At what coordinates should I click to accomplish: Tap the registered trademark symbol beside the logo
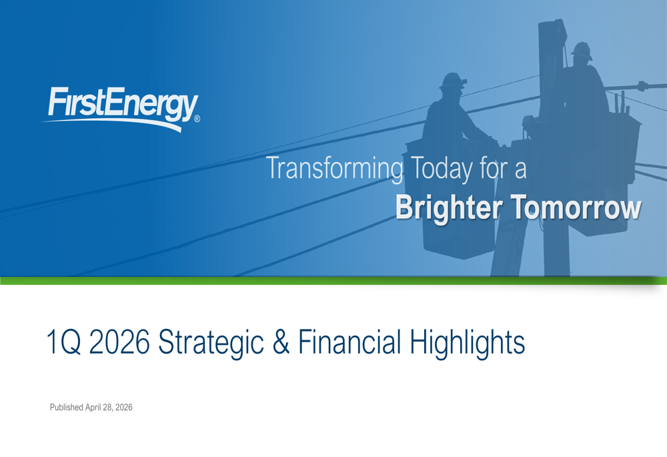click(197, 119)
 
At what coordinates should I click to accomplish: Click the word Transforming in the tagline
click(334, 169)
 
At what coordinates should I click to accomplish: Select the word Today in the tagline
click(441, 169)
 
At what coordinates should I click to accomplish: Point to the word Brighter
click(449, 207)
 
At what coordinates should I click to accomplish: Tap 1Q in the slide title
click(63, 342)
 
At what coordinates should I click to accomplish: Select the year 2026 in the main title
click(119, 342)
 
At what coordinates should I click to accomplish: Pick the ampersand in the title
click(281, 342)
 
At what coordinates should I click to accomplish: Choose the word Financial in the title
click(350, 342)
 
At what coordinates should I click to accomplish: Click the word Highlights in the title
click(468, 344)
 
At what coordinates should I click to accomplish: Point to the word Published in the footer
click(66, 407)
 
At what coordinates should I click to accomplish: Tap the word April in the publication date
click(93, 407)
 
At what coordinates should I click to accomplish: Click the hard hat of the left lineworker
click(453, 81)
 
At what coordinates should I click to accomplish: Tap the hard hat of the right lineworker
click(582, 50)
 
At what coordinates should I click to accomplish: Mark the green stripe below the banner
click(333, 280)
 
